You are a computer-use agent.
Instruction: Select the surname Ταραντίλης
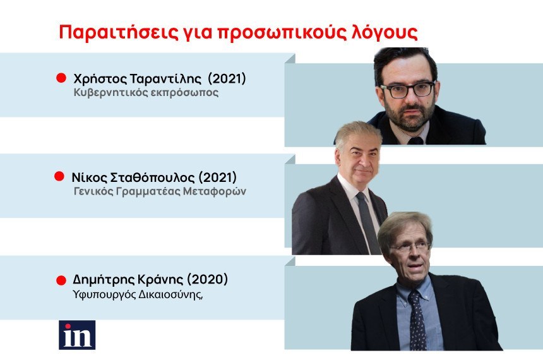tap(165, 79)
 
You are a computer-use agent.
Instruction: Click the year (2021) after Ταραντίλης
tap(227, 79)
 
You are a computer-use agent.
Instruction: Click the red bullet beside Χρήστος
tap(61, 78)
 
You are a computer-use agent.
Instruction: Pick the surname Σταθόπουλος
tap(152, 177)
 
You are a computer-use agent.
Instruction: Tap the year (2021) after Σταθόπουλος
tap(217, 177)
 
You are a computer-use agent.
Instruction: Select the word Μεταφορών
tap(215, 191)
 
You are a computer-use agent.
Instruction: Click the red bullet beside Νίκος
tap(59, 176)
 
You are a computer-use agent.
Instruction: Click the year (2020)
tap(208, 279)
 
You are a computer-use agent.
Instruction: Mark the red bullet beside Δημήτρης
tap(61, 280)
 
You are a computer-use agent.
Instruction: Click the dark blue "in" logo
tap(77, 335)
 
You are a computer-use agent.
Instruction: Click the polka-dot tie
tap(417, 320)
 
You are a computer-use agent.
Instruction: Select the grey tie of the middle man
tap(367, 222)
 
